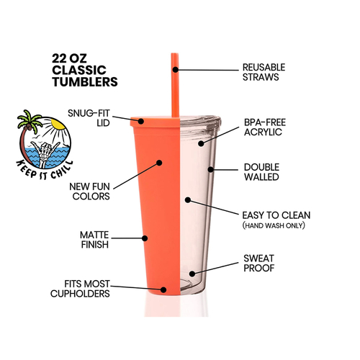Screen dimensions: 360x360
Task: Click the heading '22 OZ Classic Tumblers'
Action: point(85,70)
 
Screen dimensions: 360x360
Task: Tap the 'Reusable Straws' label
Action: point(264,72)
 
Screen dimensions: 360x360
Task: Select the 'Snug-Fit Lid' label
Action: point(89,118)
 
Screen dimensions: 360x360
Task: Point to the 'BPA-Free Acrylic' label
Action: point(265,127)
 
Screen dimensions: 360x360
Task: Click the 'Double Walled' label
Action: point(261,172)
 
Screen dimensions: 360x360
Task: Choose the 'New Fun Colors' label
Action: point(89,192)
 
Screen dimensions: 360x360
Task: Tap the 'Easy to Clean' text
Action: point(276,215)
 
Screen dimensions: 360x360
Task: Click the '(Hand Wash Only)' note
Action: point(274,225)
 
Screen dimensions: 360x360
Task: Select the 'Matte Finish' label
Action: point(94,240)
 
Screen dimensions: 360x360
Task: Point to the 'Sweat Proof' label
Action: point(259,264)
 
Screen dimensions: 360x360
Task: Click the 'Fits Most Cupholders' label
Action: point(80,289)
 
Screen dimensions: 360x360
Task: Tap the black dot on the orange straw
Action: point(176,70)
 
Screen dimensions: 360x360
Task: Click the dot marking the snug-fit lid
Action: point(141,121)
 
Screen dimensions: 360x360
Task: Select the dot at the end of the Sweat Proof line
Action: point(192,274)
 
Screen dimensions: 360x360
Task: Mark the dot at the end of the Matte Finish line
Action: point(145,238)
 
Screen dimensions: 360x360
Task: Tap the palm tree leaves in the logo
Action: point(29,120)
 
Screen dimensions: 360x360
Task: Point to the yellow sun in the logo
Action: point(58,124)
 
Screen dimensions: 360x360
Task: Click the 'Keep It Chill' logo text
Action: point(44,170)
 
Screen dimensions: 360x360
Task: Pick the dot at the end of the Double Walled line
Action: point(210,169)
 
